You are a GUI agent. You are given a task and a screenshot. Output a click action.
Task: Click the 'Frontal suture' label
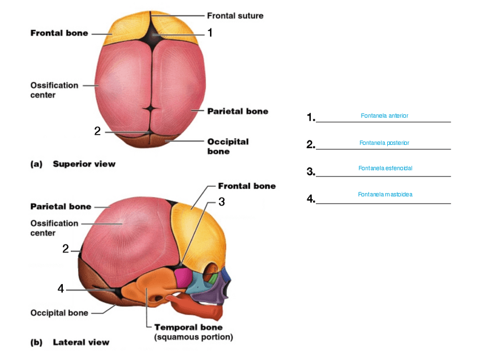[235, 16]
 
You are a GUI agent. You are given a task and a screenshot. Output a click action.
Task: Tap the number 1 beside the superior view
[210, 33]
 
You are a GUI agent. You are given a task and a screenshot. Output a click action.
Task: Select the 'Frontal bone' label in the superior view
[59, 33]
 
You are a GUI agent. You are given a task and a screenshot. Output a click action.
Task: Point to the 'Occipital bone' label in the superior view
[228, 147]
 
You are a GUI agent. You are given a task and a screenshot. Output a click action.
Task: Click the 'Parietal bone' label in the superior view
[237, 112]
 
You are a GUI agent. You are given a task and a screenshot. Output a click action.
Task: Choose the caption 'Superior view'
[84, 164]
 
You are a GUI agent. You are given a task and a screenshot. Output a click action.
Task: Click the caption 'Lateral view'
[81, 342]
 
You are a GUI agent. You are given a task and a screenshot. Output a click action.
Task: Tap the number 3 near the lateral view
[222, 202]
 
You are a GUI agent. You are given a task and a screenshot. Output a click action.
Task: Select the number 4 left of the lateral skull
[61, 289]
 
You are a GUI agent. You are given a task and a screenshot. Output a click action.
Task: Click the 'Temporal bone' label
[188, 327]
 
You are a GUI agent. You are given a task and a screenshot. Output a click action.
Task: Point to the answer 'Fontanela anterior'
[384, 115]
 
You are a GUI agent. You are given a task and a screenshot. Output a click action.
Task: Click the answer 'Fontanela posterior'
[384, 143]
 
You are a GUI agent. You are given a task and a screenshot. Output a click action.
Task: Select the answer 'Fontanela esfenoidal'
[384, 168]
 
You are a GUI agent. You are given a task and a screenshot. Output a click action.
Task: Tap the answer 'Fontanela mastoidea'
[385, 194]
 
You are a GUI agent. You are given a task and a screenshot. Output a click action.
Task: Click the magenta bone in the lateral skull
[183, 277]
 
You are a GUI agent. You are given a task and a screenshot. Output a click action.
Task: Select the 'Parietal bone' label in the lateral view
[61, 207]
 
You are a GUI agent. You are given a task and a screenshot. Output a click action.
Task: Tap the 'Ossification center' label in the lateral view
[54, 228]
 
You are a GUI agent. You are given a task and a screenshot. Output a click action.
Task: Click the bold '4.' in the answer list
[311, 199]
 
